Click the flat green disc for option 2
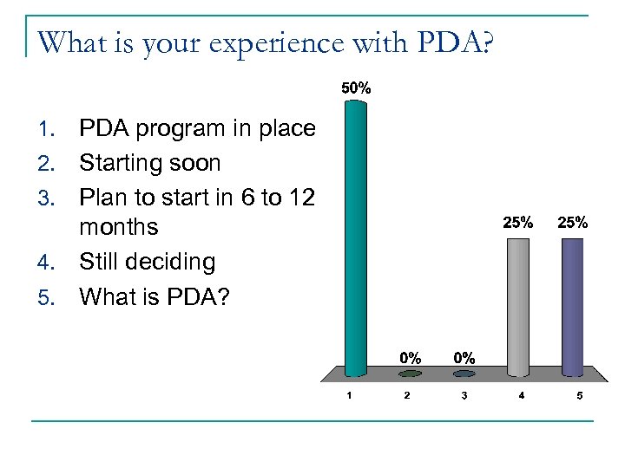coord(411,374)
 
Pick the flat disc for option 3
coord(464,374)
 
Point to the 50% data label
coord(356,88)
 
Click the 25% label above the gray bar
coord(518,222)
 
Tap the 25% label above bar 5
coord(573,222)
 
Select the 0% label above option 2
coord(411,357)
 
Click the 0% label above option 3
coord(464,357)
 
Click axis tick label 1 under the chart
coord(349,396)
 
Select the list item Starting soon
coord(149,163)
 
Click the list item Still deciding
coord(147,262)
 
